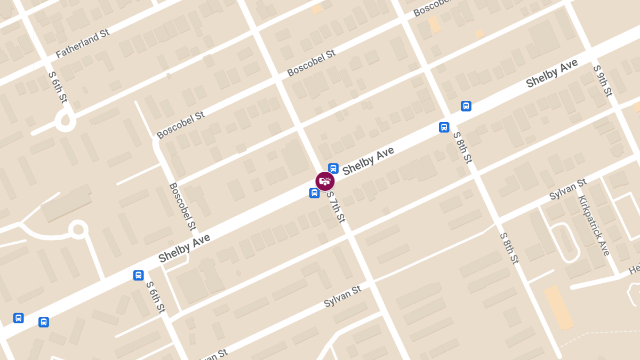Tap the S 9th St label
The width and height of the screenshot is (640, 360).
[602, 81]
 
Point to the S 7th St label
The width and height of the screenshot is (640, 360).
[336, 206]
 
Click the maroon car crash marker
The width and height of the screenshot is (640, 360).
[325, 181]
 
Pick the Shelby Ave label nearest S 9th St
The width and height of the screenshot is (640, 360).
[551, 74]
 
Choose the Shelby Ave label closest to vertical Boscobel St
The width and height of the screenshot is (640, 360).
[184, 249]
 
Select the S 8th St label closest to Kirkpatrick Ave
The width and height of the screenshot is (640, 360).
[509, 248]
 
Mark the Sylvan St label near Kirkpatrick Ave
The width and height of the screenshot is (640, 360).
[568, 190]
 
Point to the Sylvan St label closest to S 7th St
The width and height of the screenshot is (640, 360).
[342, 297]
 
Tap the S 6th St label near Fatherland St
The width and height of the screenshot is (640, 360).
[58, 86]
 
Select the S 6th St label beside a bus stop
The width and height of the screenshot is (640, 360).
[156, 297]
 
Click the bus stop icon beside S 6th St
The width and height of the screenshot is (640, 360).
[139, 275]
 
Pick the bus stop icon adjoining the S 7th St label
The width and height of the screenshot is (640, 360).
[315, 193]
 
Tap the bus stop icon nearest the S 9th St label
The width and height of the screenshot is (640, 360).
[466, 106]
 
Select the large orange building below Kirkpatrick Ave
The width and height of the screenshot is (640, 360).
[558, 307]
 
